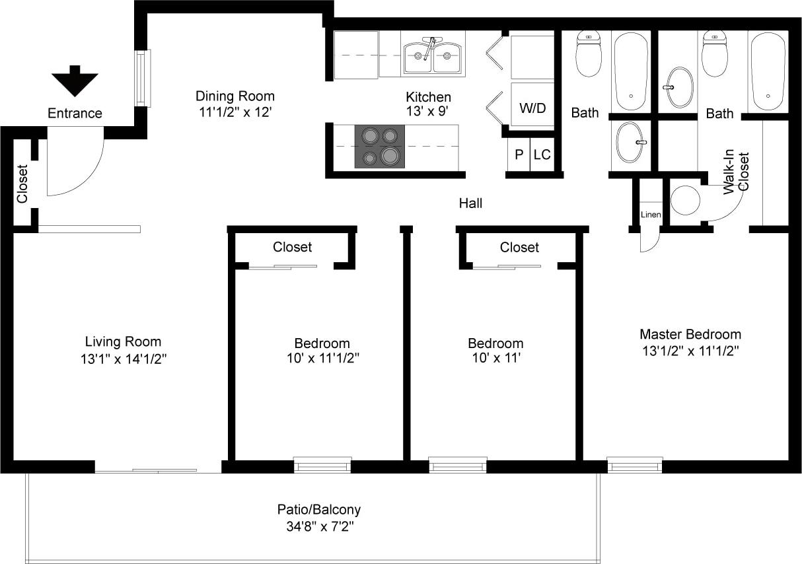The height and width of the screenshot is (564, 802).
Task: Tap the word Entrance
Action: coord(75,114)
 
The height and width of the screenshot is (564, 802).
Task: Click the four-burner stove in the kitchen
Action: coord(379,146)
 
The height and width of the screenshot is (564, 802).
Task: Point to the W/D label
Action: coord(532,108)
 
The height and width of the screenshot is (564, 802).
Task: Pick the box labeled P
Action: coord(519,155)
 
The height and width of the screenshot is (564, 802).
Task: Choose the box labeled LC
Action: coord(542,155)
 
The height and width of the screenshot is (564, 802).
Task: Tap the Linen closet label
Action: coord(650,215)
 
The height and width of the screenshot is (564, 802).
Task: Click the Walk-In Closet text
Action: coord(737,173)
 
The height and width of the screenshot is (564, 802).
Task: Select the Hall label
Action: coord(470,203)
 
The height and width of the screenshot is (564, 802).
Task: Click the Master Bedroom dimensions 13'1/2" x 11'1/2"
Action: coord(690,351)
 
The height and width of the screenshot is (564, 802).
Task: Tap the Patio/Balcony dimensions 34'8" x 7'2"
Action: coord(318,527)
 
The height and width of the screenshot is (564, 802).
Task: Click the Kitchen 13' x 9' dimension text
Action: coord(428,112)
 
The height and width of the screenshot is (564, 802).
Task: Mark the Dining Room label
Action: coord(235,96)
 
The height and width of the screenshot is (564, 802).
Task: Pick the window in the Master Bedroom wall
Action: coord(635,465)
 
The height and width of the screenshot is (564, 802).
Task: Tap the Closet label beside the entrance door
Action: coord(22,184)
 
